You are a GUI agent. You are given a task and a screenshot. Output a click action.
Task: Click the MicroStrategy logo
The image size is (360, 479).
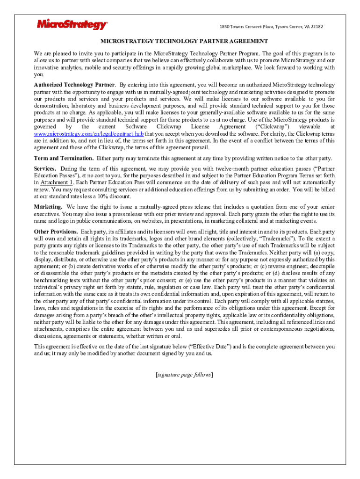coord(72,25)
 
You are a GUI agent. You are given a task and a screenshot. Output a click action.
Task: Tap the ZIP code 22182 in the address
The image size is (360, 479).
coord(315,27)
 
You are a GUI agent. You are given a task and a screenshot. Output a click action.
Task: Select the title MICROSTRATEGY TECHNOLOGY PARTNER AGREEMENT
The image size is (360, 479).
coord(184,41)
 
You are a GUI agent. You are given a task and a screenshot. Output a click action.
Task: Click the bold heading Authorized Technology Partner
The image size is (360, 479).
coord(74,85)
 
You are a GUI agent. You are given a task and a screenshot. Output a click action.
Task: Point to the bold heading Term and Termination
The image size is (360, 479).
coord(64,158)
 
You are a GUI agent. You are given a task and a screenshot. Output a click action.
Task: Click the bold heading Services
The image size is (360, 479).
coord(45,168)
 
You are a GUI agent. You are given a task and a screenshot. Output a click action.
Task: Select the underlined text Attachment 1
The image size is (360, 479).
coord(57,182)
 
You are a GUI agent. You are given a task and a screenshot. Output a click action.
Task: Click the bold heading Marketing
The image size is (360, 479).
coord(48,207)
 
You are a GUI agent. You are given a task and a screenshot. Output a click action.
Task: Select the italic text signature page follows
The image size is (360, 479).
coord(184,375)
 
